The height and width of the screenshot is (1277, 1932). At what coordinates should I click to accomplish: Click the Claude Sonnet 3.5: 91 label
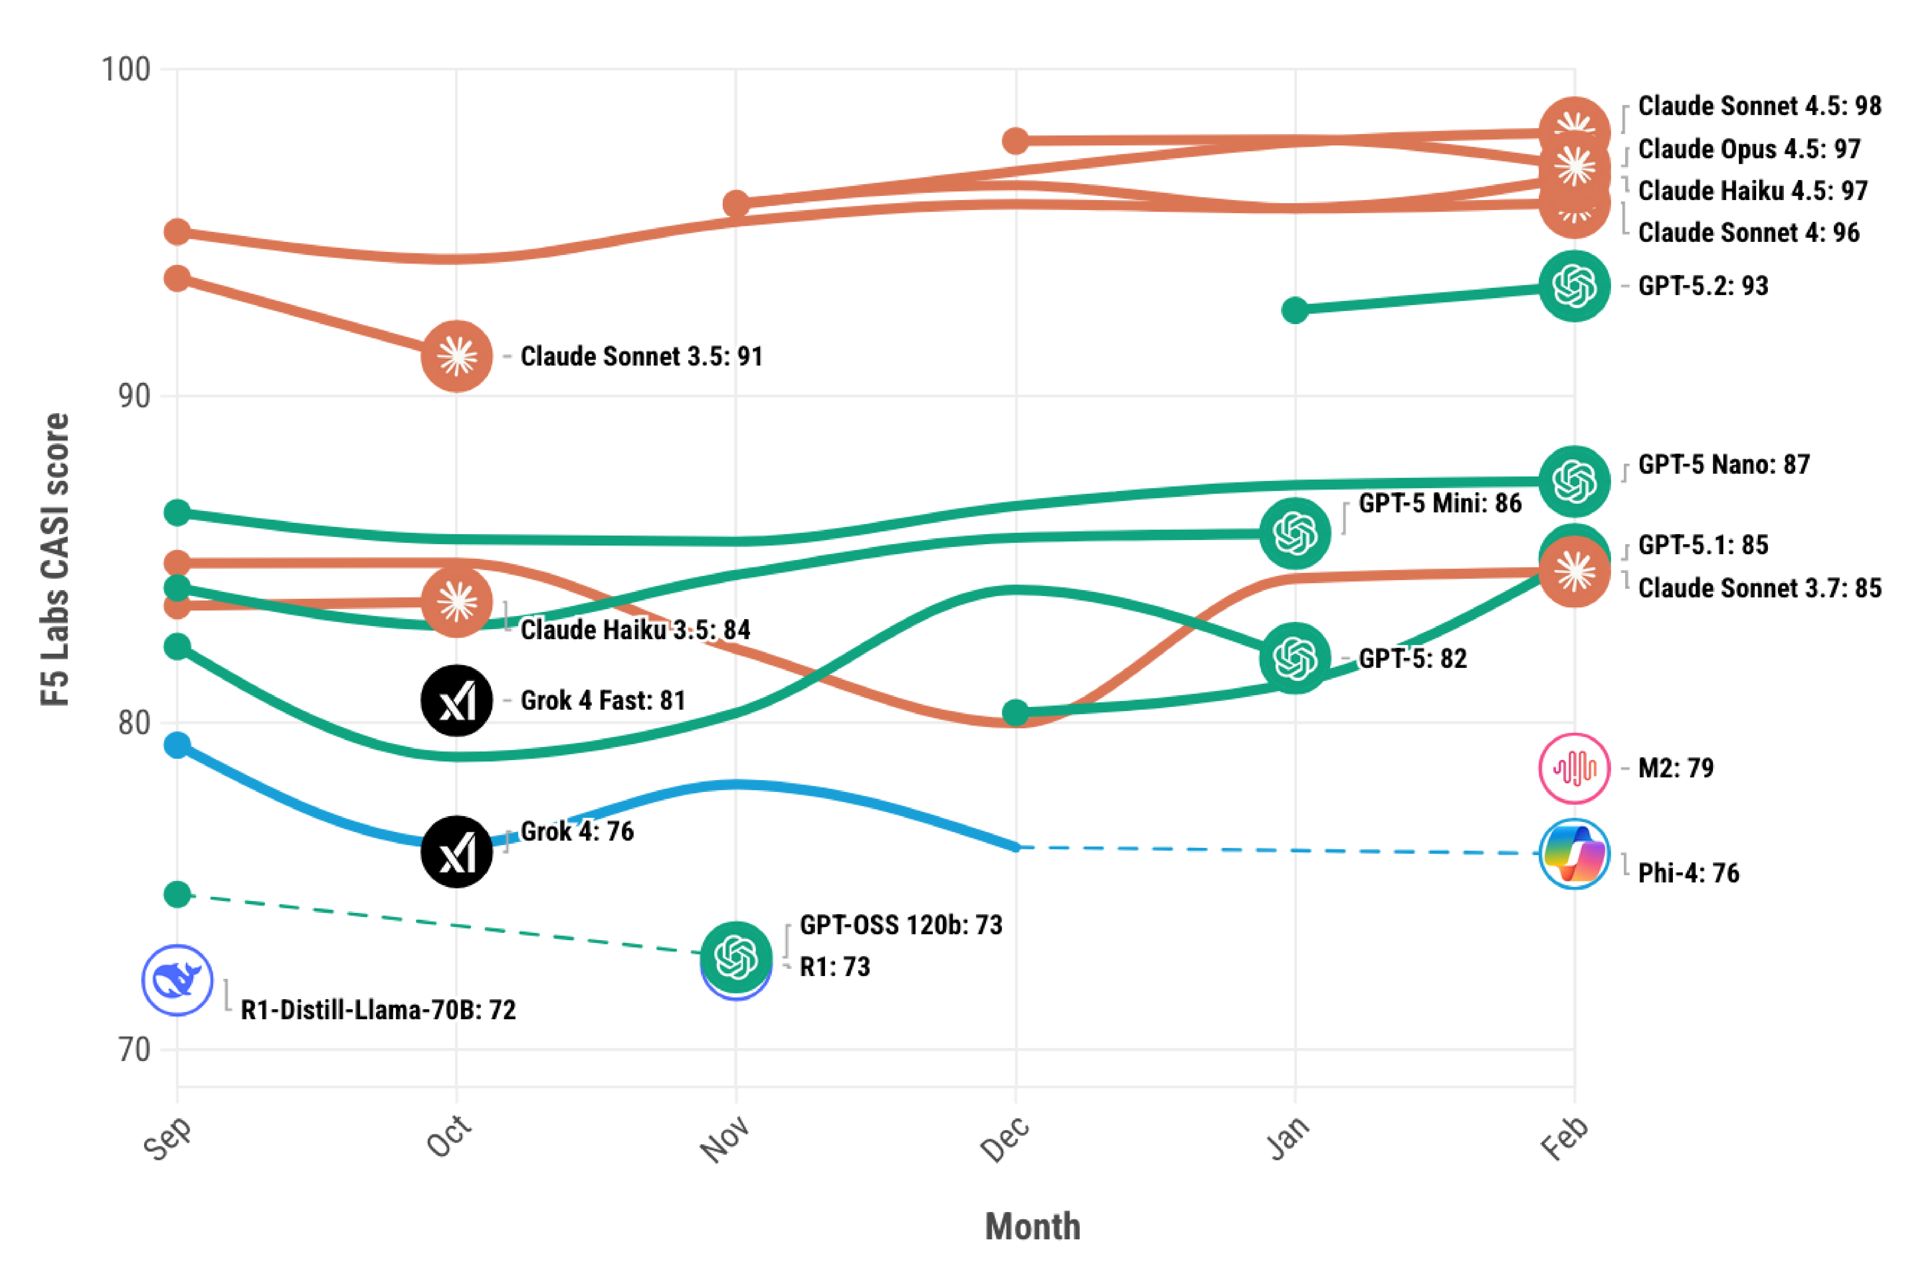click(x=641, y=357)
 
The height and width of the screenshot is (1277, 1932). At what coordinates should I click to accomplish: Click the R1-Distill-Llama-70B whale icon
click(x=178, y=980)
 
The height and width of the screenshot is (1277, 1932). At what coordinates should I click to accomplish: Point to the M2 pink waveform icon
click(x=1574, y=768)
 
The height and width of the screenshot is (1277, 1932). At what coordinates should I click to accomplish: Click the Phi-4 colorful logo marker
click(x=1574, y=853)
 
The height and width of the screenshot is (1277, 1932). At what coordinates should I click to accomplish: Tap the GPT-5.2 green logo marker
click(x=1574, y=286)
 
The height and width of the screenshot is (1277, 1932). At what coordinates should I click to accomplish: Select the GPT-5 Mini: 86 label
click(x=1439, y=503)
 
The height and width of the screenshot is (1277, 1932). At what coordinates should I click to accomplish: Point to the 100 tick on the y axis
click(x=126, y=70)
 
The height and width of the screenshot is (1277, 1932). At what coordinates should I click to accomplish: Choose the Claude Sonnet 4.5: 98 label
click(x=1759, y=106)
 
